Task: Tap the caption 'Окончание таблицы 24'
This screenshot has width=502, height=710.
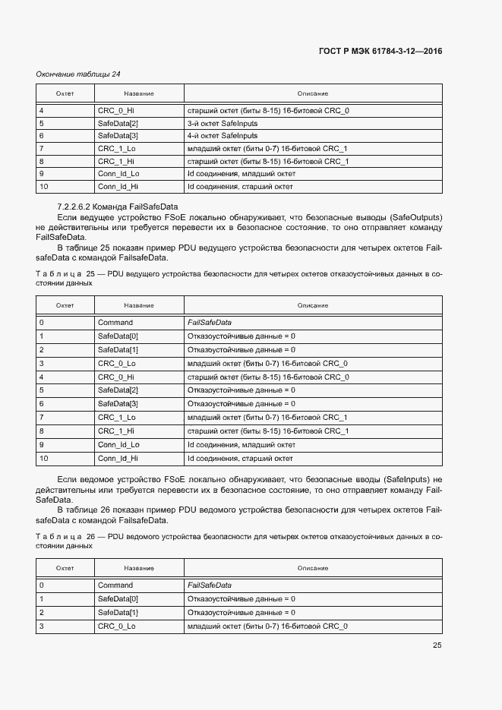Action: coord(78,74)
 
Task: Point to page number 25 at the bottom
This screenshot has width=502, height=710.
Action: coord(437,645)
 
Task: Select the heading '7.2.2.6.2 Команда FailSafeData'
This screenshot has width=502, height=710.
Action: coord(117,207)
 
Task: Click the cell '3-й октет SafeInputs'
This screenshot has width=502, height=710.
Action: coord(222,123)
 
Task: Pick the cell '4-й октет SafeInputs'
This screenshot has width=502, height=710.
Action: coord(222,136)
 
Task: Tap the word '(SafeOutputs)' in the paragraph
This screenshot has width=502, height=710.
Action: coord(416,217)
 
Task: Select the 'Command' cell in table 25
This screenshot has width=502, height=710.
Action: coord(115,323)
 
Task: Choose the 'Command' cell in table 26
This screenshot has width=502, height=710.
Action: coord(115,585)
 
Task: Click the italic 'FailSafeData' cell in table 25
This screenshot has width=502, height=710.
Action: coord(210,323)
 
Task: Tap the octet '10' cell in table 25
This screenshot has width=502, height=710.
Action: coord(43,458)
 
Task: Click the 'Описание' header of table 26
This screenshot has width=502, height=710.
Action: coord(313,568)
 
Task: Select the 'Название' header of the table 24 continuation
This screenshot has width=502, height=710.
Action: coord(139,93)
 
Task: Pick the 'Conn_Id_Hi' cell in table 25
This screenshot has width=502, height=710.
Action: coord(118,458)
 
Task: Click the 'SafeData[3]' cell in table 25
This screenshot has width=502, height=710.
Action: coord(118,404)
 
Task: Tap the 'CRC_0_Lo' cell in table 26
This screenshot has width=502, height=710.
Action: coord(117,626)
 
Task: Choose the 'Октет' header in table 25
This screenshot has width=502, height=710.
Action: coord(65,305)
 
